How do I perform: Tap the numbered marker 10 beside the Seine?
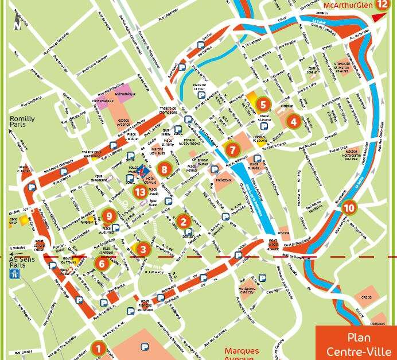(349, 208)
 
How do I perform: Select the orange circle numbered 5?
(263, 104)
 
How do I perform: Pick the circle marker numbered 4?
(293, 122)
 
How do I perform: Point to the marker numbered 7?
(232, 150)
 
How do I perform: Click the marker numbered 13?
(139, 192)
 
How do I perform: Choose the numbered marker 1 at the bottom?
(98, 348)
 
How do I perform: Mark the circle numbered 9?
(108, 216)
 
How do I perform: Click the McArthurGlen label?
(347, 5)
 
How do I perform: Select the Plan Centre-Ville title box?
(356, 344)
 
